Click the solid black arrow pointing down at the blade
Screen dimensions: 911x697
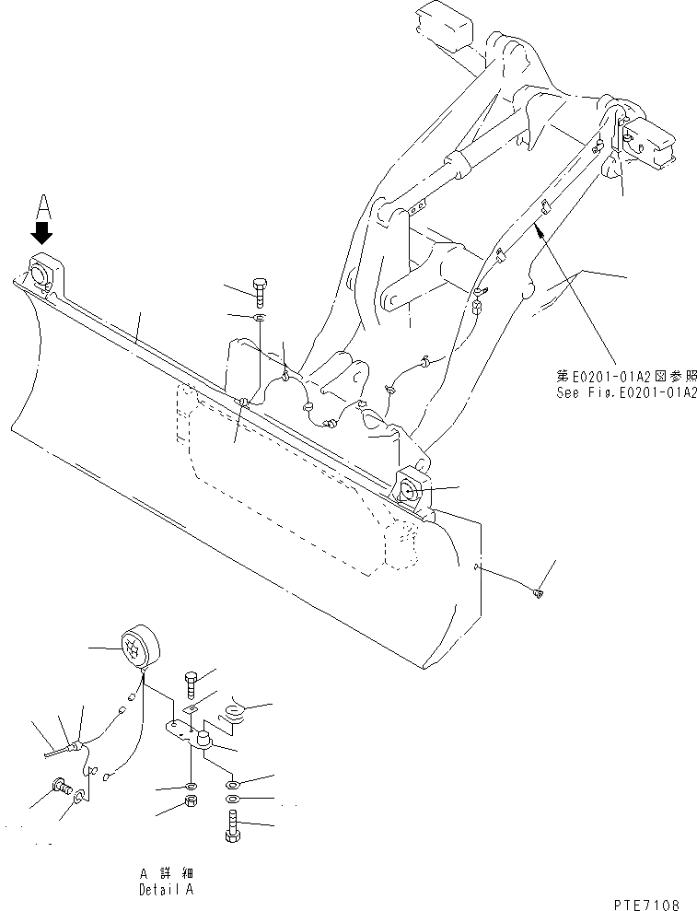[41, 231]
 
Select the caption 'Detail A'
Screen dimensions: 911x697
[167, 890]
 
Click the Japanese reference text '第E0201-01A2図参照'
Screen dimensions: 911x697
[626, 376]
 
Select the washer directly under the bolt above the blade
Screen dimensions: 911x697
[261, 319]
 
